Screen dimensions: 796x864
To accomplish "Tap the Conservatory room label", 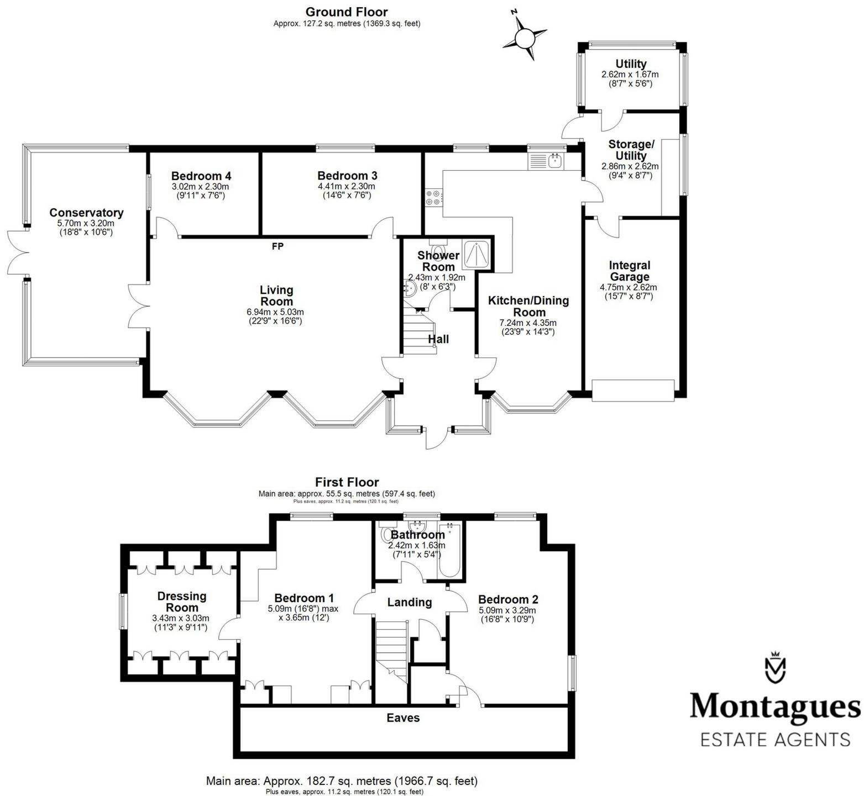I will (x=86, y=213).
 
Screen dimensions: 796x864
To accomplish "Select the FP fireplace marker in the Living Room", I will (x=277, y=246).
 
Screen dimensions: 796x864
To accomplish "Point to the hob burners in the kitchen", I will (x=433, y=197).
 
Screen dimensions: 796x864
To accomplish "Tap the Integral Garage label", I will (x=629, y=271).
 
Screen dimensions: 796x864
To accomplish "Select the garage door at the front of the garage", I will (x=633, y=390).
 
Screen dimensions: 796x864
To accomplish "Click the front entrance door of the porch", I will (x=437, y=436).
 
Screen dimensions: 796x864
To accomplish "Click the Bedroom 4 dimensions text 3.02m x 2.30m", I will (x=201, y=187).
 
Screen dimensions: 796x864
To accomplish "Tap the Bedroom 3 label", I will (x=347, y=176).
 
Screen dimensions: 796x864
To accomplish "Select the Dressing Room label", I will (x=182, y=602).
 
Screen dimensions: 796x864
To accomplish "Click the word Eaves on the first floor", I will (x=403, y=718).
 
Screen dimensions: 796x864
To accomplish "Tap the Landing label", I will (x=409, y=602).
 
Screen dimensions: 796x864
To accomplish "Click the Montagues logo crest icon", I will (x=774, y=669).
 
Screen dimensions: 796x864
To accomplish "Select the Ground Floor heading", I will (x=347, y=12).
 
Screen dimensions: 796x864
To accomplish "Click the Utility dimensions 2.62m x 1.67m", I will (x=630, y=74).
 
